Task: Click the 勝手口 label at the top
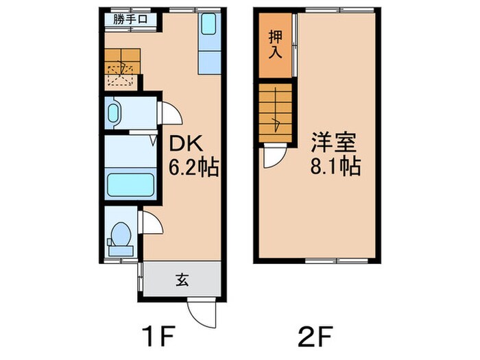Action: [x=130, y=19]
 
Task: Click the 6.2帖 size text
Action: [x=194, y=167]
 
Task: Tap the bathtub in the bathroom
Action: [x=130, y=184]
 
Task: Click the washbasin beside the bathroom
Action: [x=115, y=112]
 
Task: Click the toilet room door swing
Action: [x=150, y=224]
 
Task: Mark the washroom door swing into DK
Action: [x=169, y=113]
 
